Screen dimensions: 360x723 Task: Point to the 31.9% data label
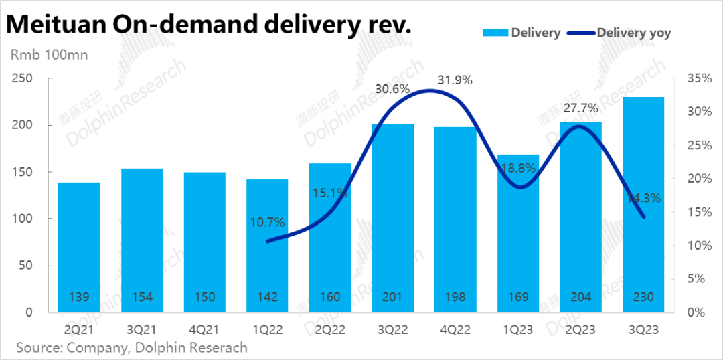tap(455, 80)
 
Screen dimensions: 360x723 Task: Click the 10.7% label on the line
tap(268, 222)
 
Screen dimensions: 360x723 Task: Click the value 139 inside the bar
tap(79, 296)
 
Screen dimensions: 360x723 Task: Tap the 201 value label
tap(393, 296)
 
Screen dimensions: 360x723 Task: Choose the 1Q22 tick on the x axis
tap(267, 329)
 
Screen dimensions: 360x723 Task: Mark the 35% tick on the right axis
tap(699, 79)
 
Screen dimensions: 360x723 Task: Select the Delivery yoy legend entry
tap(633, 33)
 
